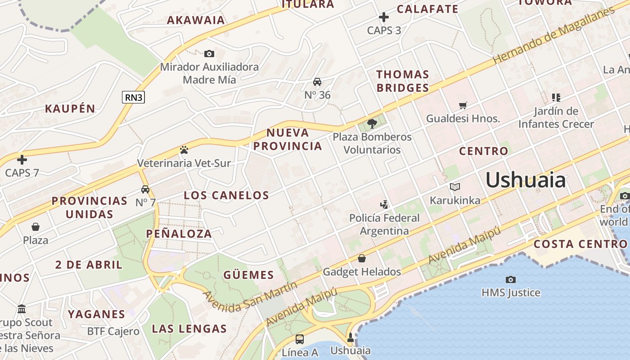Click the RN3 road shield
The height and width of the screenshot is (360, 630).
click(133, 97)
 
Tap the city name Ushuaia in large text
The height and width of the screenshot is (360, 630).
click(526, 180)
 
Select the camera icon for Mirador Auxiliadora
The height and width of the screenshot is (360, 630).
click(209, 54)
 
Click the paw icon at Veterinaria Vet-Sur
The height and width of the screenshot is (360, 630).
click(184, 150)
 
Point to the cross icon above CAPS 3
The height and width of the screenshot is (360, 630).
click(384, 18)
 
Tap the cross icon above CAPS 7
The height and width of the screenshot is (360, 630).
click(22, 160)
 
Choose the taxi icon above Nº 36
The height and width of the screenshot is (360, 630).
click(317, 82)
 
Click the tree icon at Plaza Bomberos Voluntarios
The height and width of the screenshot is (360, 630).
click(372, 123)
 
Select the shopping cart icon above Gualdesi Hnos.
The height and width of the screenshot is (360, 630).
click(463, 106)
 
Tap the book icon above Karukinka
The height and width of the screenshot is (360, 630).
click(455, 187)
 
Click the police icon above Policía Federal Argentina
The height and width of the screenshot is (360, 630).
click(384, 205)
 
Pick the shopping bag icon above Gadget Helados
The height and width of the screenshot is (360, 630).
click(361, 258)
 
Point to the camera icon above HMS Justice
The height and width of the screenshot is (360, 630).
click(510, 279)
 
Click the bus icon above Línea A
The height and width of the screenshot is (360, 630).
click(300, 339)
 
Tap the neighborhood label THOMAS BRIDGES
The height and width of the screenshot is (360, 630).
click(403, 81)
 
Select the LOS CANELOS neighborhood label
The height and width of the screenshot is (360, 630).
click(226, 195)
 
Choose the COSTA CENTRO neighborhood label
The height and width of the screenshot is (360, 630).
click(580, 244)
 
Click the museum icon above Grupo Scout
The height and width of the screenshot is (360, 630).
click(22, 309)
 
